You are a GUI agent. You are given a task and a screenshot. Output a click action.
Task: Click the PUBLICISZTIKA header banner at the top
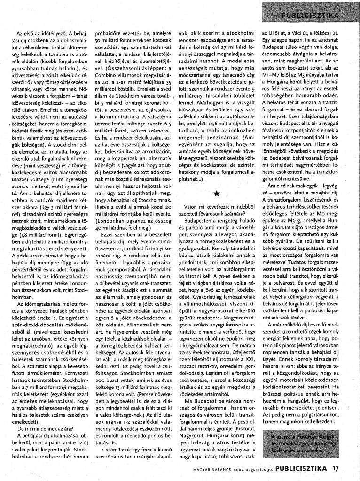click(310, 15)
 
